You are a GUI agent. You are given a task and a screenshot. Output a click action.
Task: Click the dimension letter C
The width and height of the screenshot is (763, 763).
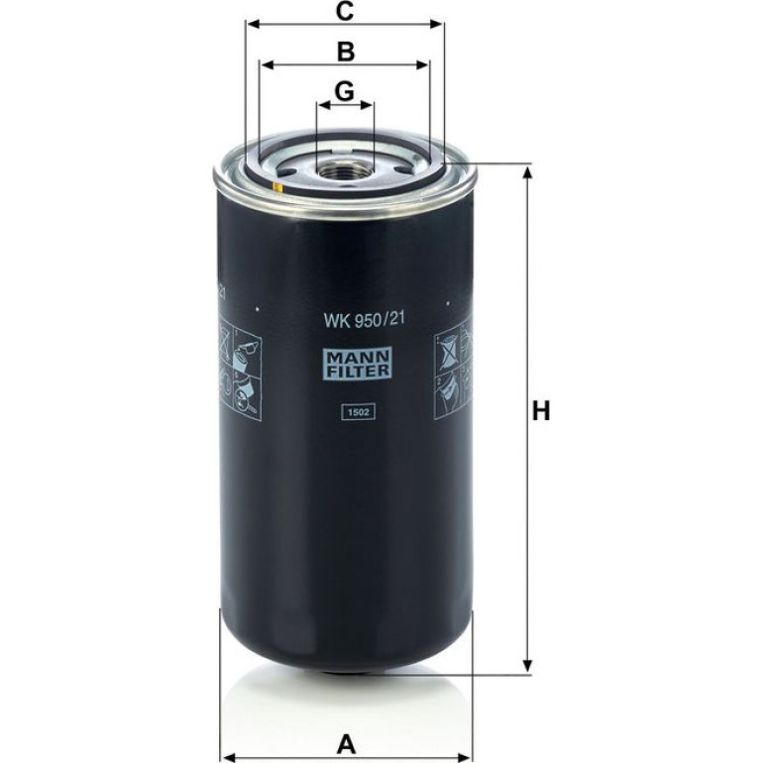(345, 11)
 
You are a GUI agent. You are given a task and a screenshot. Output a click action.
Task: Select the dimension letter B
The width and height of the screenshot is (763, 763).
(346, 52)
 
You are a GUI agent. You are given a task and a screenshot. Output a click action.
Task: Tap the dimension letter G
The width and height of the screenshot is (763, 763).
(345, 91)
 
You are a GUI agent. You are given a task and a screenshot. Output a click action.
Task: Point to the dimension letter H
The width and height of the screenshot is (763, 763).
(541, 411)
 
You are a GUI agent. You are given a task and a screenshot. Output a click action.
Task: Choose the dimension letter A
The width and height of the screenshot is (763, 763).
(347, 745)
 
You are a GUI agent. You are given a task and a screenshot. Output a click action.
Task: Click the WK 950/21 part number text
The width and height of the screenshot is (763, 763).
(365, 320)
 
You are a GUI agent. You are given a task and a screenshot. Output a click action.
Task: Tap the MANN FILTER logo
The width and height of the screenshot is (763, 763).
(358, 365)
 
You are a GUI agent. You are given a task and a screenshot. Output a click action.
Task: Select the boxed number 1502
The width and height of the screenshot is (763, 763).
(358, 412)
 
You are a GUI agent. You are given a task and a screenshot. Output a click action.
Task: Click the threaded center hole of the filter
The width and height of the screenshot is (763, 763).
(345, 171)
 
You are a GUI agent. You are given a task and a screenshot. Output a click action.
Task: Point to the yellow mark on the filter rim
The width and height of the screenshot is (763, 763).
(276, 186)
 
